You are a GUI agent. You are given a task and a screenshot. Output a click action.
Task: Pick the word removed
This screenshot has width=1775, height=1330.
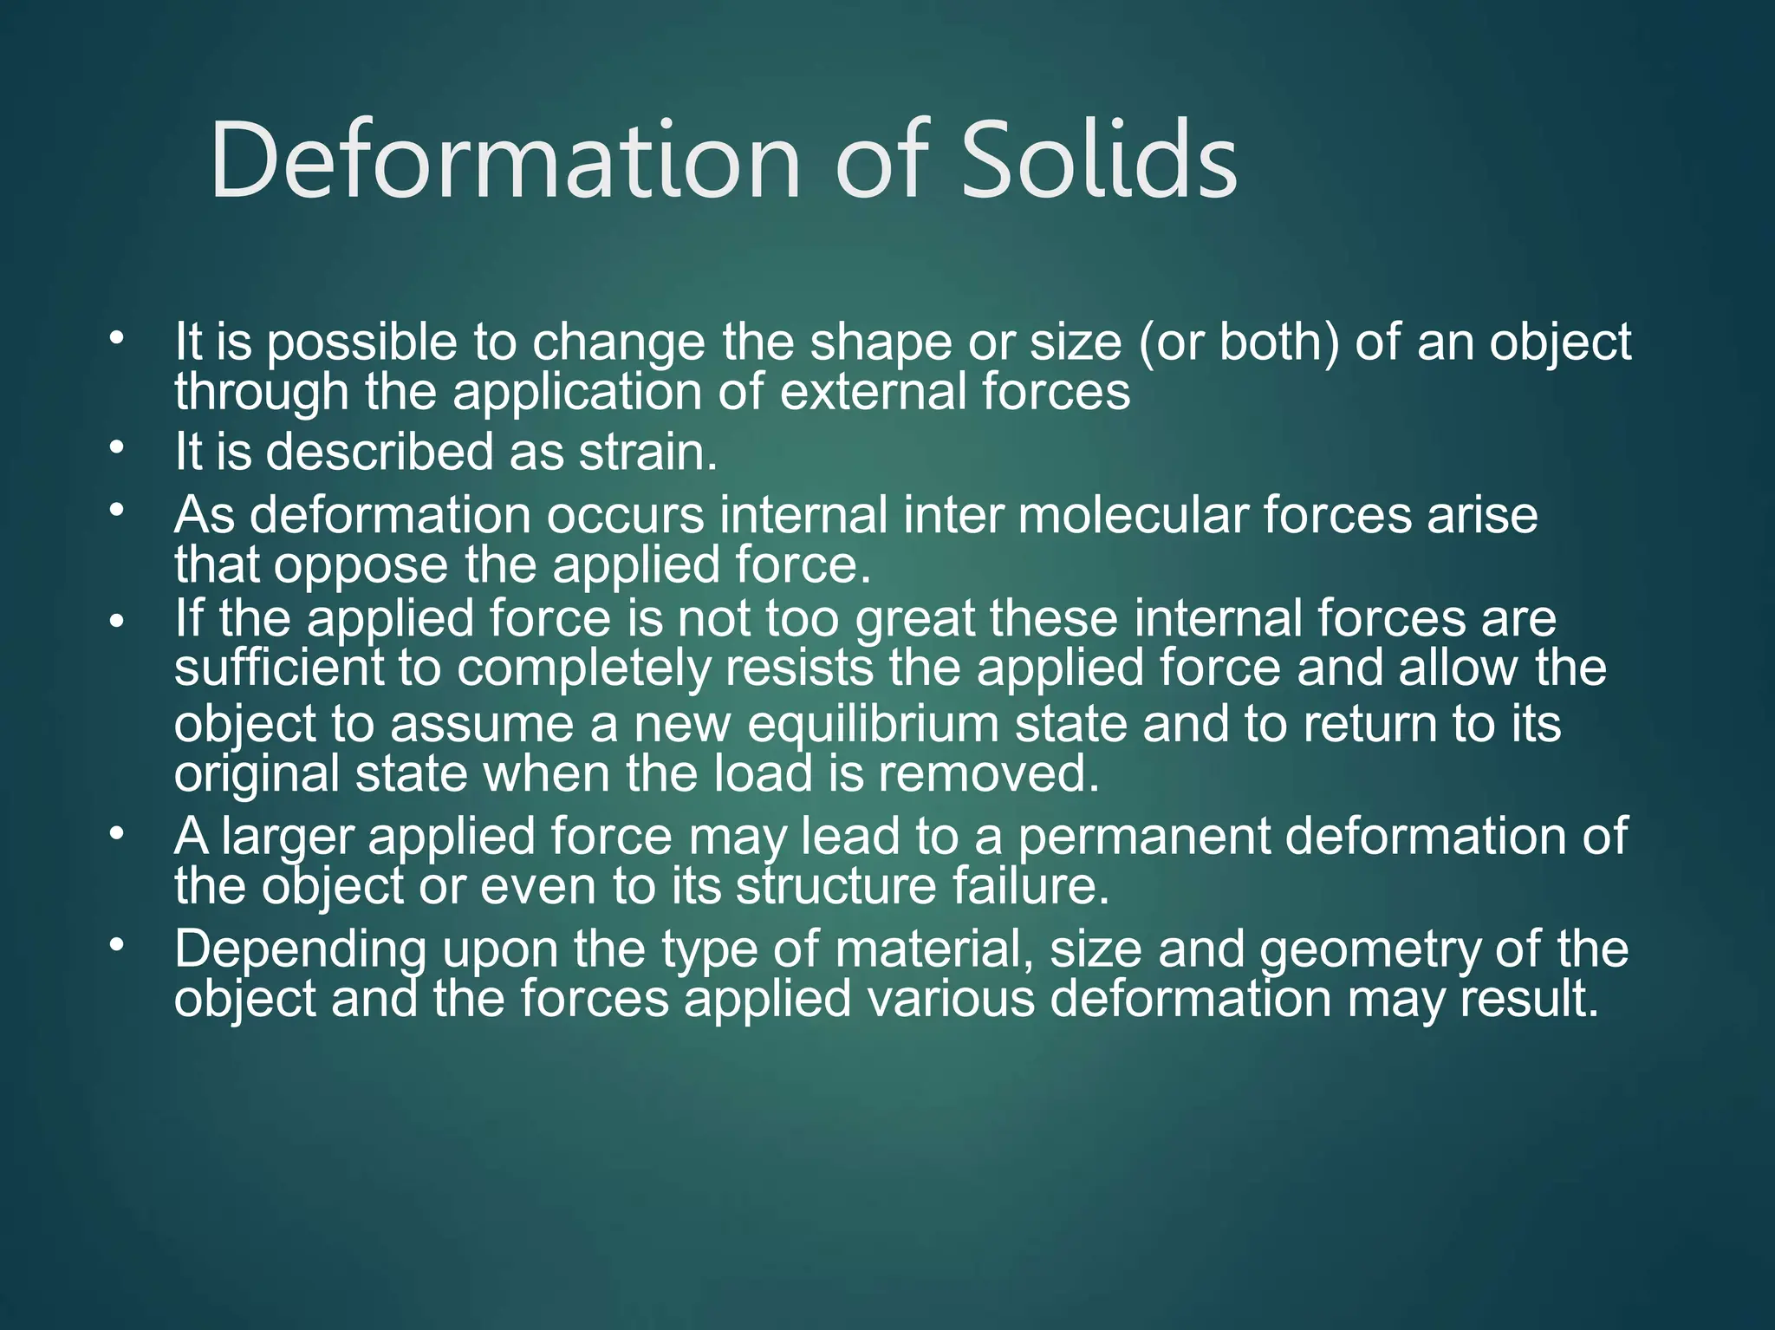[988, 773]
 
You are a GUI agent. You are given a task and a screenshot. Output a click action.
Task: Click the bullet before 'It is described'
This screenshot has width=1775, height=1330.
[117, 448]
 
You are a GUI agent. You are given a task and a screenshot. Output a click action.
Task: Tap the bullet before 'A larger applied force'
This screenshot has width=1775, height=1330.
[117, 833]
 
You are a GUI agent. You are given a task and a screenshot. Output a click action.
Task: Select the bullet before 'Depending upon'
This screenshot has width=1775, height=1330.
[117, 944]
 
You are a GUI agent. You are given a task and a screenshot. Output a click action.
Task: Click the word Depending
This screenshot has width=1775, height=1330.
[300, 950]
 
